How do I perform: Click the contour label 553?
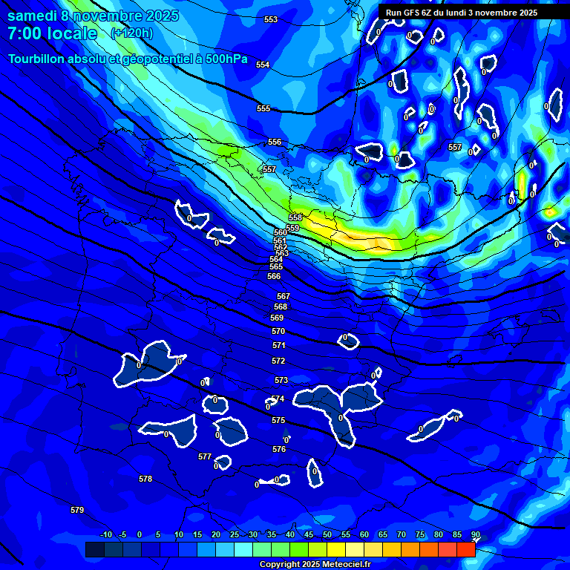pos(271,19)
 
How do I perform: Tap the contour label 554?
pos(263,65)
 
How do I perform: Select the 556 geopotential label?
pos(275,142)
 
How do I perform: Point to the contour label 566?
pos(274,276)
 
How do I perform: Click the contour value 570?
pos(278,331)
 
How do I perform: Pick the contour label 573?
pos(281,380)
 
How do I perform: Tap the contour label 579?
pos(77,510)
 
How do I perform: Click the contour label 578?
pos(145,479)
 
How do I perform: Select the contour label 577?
pos(205,456)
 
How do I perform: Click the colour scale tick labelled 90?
pos(476,534)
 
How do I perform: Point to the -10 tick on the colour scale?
pos(106,534)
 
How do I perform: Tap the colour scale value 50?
pos(327,534)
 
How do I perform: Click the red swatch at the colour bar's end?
pos(465,549)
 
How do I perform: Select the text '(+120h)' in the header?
pos(131,33)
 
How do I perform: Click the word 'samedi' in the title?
pos(32,15)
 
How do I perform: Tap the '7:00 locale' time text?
pos(52,33)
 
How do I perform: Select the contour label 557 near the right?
pos(455,147)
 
